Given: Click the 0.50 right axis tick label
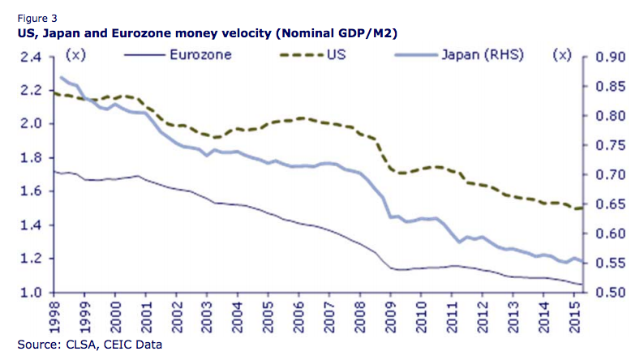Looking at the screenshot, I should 610,293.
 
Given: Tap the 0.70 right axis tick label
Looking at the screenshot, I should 610,175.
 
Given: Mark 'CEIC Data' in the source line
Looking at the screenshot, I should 137,345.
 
